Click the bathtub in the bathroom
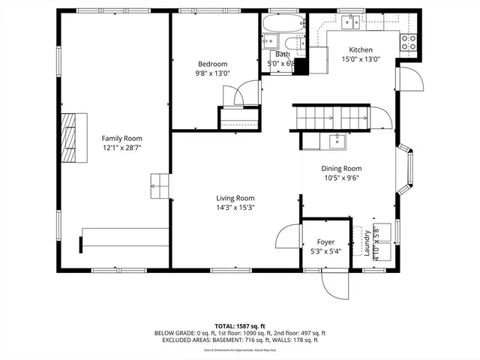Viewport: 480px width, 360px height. pos(283,22)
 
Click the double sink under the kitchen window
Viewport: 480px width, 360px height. pos(350,22)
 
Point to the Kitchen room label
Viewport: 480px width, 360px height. pos(361,50)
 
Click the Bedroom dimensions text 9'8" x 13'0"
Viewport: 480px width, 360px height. pos(212,73)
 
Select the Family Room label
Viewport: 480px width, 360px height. pos(122,138)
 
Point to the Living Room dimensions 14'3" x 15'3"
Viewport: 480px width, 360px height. pos(235,208)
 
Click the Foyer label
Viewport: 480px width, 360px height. pos(325,242)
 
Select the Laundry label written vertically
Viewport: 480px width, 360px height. pos(367,242)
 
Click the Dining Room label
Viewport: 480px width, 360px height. pos(341,169)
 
